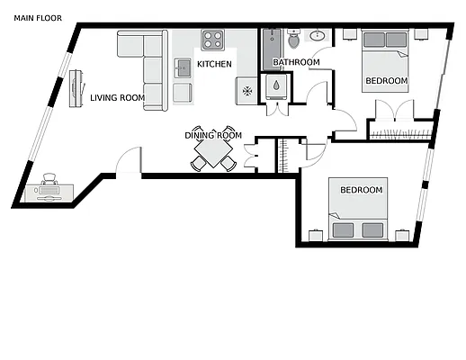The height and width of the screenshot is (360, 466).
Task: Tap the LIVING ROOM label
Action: tap(117, 98)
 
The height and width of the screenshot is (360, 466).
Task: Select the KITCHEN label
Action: tap(214, 64)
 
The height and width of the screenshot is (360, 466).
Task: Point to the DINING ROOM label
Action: tap(213, 135)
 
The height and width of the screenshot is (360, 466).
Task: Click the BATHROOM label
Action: tap(296, 62)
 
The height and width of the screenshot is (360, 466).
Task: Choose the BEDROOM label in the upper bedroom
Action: tap(386, 81)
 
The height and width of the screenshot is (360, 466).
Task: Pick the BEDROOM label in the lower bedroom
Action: tap(362, 190)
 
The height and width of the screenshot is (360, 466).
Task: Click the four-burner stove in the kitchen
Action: tap(213, 40)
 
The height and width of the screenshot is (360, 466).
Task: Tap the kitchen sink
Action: tap(183, 65)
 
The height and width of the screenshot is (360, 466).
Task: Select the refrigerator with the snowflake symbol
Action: tap(246, 90)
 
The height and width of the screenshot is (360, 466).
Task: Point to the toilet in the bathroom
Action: tap(293, 40)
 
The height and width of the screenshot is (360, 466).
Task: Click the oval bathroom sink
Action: tap(317, 37)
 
